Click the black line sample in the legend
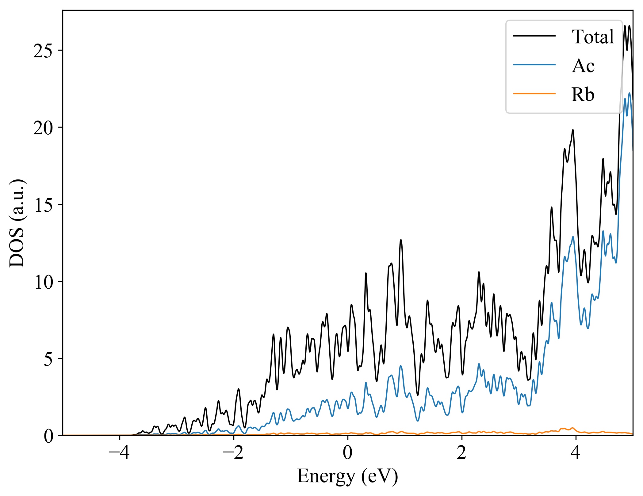pyautogui.click(x=534, y=36)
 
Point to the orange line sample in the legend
pyautogui.click(x=534, y=93)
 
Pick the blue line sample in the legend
pyautogui.click(x=534, y=65)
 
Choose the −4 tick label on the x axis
pyautogui.click(x=119, y=453)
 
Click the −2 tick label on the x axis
pyautogui.click(x=233, y=453)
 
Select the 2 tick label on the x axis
pyautogui.click(x=462, y=453)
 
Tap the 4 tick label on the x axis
pyautogui.click(x=576, y=453)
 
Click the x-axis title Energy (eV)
pyautogui.click(x=347, y=476)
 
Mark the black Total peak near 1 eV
pyautogui.click(x=401, y=240)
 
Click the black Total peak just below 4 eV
pyautogui.click(x=573, y=130)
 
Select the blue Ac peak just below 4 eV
pyautogui.click(x=573, y=236)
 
